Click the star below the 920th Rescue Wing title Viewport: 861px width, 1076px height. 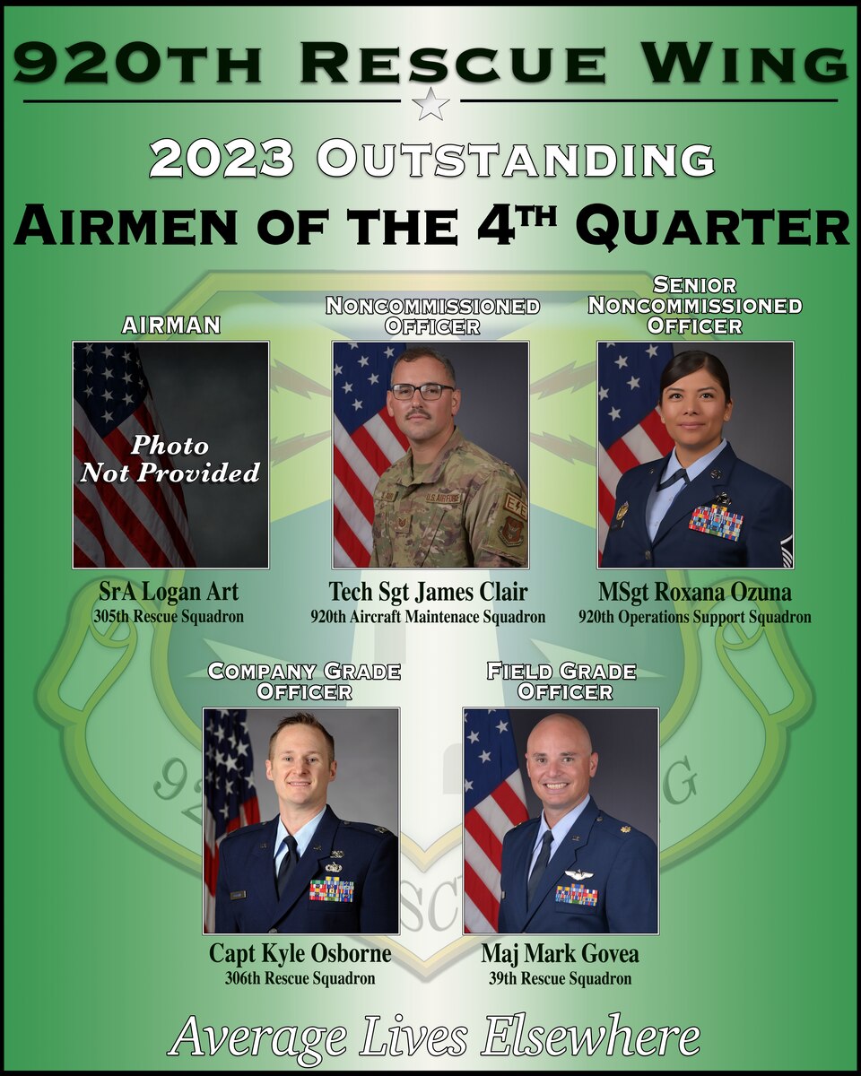[430, 104]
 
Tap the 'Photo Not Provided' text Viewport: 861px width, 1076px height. [170, 458]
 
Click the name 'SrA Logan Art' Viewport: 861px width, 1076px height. [170, 592]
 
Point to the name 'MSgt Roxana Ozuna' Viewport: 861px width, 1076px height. [695, 592]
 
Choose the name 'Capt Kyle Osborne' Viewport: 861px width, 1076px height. [300, 952]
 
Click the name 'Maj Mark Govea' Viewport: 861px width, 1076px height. [561, 952]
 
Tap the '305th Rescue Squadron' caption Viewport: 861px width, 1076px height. [170, 617]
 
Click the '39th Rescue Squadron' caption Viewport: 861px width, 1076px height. [561, 978]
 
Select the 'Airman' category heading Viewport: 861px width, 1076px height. [170, 325]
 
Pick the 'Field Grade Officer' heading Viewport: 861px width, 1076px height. [561, 681]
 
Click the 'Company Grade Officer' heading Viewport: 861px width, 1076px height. [304, 681]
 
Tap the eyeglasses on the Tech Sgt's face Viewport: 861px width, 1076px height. [422, 391]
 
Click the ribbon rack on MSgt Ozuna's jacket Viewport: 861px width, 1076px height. [715, 522]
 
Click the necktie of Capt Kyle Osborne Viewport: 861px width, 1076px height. [286, 865]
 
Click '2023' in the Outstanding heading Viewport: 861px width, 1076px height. [222, 161]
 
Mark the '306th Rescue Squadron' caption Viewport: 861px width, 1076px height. [300, 978]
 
